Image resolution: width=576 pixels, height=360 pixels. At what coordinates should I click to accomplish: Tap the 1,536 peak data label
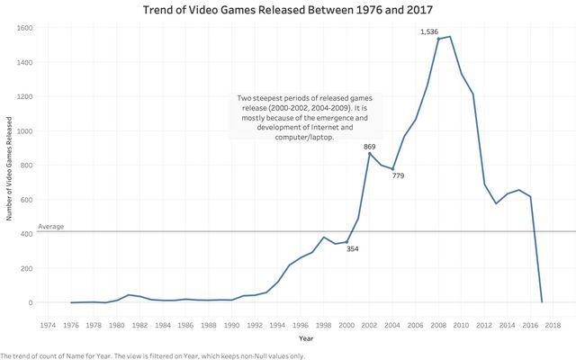click(429, 32)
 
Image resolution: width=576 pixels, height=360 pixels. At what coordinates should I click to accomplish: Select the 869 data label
click(370, 146)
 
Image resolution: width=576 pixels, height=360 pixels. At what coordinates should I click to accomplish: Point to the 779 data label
click(398, 175)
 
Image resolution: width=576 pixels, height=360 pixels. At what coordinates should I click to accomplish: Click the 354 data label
click(353, 248)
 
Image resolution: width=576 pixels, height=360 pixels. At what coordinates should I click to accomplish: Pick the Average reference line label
click(51, 227)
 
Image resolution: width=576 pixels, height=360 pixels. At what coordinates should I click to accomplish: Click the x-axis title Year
click(307, 338)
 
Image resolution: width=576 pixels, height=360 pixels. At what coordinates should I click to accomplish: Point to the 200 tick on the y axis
click(27, 268)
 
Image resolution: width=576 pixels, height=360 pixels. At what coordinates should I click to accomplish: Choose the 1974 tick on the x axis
click(48, 325)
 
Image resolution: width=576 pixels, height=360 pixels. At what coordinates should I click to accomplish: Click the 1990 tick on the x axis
click(231, 325)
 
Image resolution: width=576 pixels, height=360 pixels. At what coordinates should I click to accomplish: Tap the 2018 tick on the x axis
click(553, 325)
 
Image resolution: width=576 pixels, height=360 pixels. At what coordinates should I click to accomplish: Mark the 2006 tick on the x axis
click(415, 325)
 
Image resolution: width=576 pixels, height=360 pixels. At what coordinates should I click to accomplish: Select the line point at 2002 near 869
click(369, 153)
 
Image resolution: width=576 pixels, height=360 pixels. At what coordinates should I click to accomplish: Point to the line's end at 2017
click(542, 302)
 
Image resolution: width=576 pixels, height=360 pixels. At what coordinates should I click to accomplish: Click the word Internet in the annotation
click(335, 128)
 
